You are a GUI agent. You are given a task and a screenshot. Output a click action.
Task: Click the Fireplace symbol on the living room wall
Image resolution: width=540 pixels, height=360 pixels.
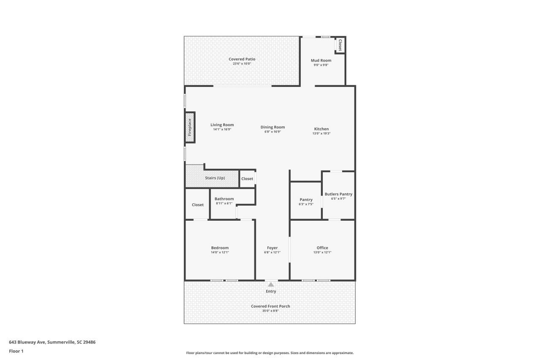pos(190,127)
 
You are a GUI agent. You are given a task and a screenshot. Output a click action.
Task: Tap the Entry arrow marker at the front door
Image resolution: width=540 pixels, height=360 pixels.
pos(271,285)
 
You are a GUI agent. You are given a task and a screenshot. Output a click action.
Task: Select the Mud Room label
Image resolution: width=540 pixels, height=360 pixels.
pos(321,60)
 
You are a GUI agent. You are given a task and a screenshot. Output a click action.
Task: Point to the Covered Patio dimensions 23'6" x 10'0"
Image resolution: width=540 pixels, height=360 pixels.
pos(242,64)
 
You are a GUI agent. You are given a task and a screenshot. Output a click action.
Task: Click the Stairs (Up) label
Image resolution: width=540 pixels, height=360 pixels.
pos(215,178)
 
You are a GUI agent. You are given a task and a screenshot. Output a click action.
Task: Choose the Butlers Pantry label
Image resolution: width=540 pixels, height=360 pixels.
pos(338,194)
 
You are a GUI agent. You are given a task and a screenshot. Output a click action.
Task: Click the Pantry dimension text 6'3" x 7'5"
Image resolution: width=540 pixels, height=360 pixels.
pos(306,204)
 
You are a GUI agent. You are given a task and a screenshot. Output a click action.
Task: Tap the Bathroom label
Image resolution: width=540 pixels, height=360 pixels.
pos(224,199)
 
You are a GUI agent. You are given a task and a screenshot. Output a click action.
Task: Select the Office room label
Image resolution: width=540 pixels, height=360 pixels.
pos(322,248)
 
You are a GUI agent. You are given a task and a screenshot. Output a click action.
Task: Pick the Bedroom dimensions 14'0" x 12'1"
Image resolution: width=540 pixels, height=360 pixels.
pos(220,252)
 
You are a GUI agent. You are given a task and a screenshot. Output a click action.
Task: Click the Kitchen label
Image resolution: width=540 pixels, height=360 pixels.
pos(321,129)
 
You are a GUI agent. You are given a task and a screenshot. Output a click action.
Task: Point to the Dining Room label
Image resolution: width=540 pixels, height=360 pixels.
pos(273,127)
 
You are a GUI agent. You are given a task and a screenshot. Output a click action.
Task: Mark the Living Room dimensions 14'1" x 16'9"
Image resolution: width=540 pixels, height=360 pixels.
pos(222,130)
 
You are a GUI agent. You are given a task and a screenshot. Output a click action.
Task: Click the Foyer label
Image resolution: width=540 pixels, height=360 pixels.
pos(272,248)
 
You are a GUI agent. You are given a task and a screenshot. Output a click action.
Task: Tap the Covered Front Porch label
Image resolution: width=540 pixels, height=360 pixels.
pos(270,306)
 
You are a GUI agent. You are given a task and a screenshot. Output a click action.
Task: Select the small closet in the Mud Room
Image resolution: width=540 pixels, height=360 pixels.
pos(340,45)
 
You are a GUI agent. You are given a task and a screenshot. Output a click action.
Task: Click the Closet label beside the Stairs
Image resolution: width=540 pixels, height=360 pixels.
pos(247,179)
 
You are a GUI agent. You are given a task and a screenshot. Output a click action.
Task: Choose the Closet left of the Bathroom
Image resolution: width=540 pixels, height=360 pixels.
pos(197,205)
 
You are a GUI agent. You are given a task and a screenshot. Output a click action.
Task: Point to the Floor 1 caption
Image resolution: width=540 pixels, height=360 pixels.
pos(16,351)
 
